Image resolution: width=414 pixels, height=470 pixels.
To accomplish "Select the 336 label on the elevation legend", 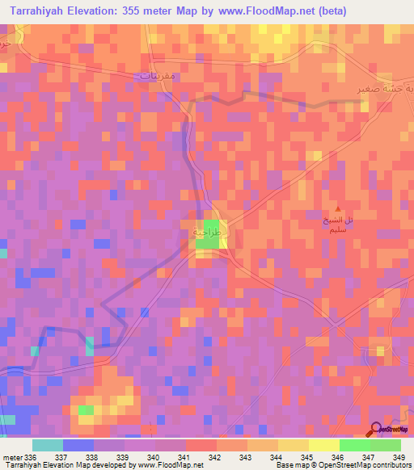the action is click(29, 458).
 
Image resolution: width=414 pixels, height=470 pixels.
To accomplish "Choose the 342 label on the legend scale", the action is click(214, 458).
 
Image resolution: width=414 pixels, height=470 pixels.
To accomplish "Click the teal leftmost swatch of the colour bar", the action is click(48, 445).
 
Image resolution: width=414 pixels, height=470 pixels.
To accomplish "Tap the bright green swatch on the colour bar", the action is click(354, 445).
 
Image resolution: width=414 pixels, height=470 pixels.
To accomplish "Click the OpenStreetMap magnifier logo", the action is click(376, 430).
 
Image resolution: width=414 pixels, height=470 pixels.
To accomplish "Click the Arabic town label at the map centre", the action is click(206, 233).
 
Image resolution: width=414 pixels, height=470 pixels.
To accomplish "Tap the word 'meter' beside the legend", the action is click(11, 458).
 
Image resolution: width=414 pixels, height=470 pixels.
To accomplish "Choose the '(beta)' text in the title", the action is click(330, 10).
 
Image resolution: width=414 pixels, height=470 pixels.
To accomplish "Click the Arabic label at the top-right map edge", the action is click(379, 90).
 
